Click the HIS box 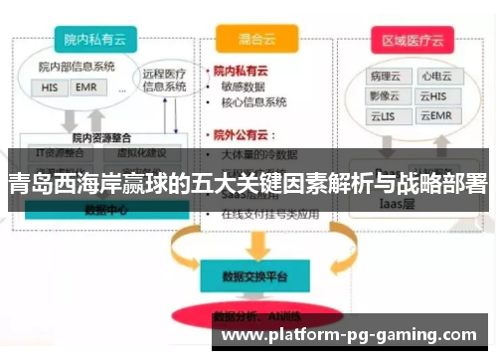[50, 87]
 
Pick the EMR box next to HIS [84, 87]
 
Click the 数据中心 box [103, 210]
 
